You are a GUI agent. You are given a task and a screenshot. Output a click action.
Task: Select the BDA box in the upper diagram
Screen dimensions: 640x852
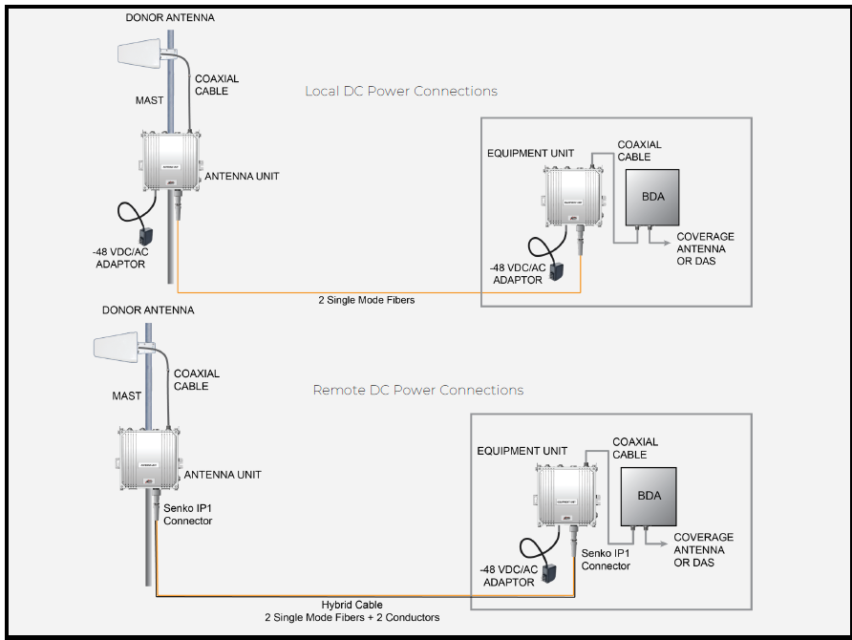[x=651, y=197]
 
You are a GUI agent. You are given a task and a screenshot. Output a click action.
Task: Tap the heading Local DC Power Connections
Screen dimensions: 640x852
[x=400, y=92]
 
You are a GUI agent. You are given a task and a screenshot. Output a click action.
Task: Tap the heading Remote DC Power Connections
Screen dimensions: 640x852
[x=417, y=391]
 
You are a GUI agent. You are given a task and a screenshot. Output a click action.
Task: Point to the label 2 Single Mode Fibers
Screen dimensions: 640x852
[x=367, y=300]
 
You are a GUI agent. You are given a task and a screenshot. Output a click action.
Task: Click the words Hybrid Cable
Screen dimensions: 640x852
[x=352, y=605]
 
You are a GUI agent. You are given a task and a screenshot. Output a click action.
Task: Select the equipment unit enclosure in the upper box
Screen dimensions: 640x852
[x=570, y=197]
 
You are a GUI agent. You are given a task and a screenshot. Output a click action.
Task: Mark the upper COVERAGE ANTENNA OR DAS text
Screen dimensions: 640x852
[x=705, y=248]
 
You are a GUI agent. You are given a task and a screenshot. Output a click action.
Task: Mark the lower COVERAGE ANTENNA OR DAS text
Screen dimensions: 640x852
[x=703, y=550]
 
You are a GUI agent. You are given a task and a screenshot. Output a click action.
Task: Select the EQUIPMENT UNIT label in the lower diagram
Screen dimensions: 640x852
[x=521, y=451]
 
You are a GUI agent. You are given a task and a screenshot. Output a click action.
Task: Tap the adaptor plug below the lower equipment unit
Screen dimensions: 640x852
[x=551, y=571]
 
